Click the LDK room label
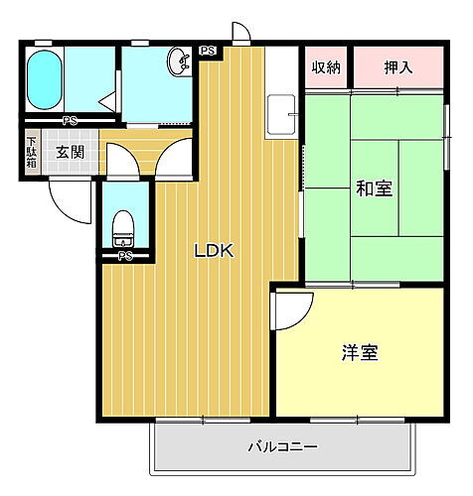pos(213,252)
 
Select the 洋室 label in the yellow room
pos(359,352)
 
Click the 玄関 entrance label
pos(70,153)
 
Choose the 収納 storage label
pos(325,67)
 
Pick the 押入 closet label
pos(399,67)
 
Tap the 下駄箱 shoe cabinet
pos(32,154)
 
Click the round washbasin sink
pos(179,61)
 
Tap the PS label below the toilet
pos(124,256)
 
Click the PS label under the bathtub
pos(70,121)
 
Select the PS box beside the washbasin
pos(208,51)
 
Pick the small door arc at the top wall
pos(240,33)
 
